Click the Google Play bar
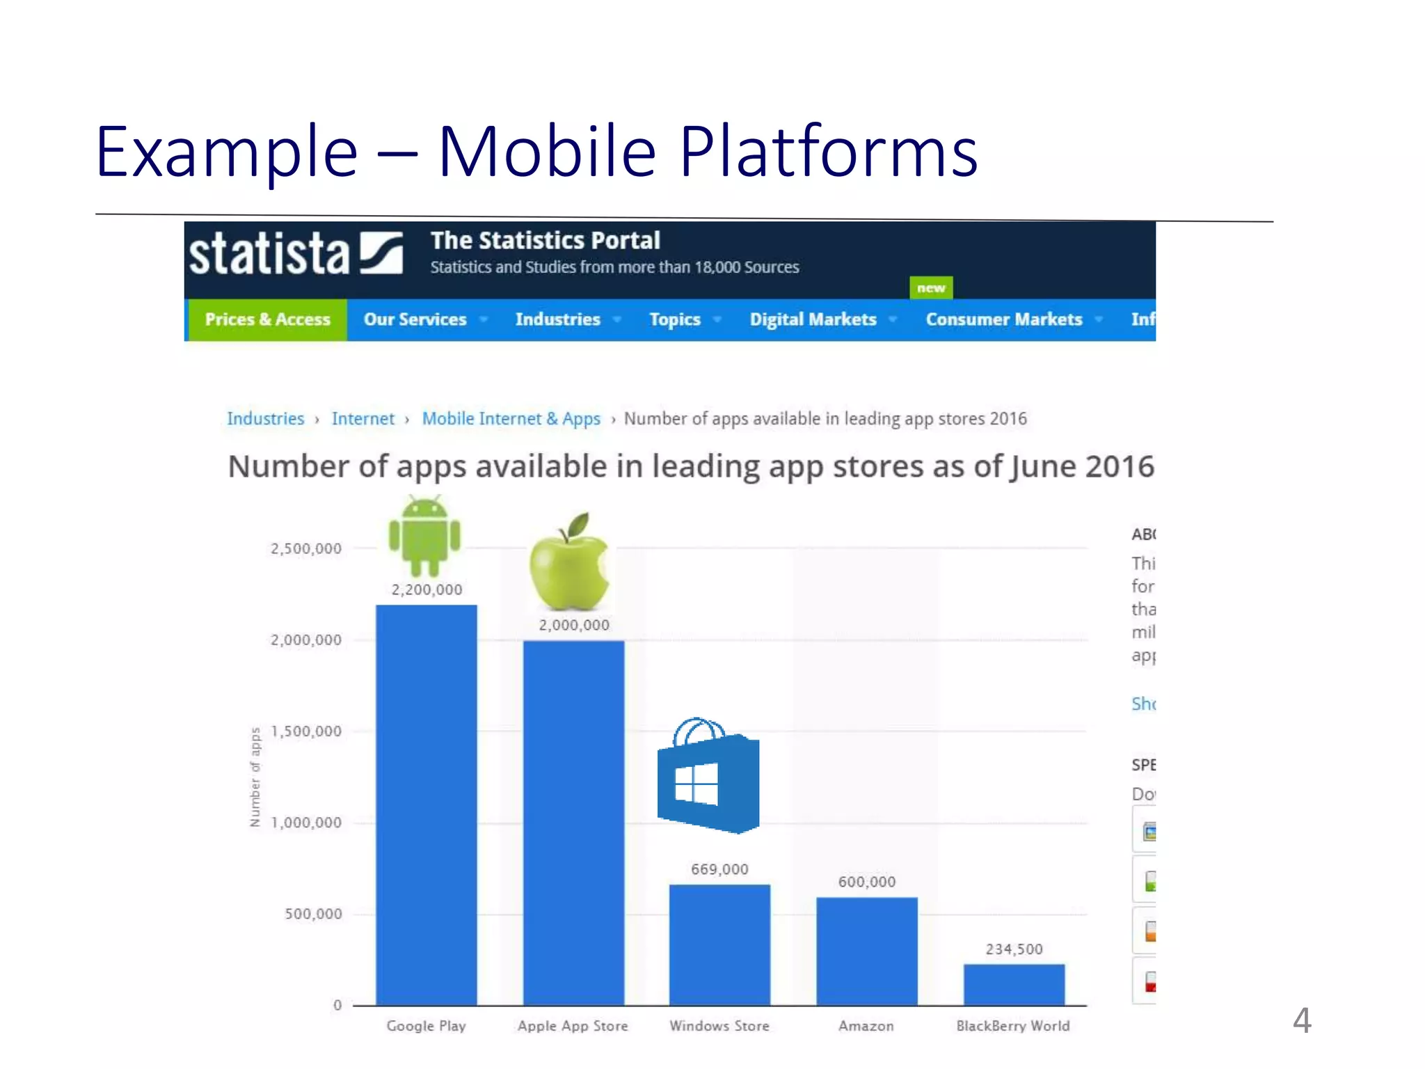click(426, 805)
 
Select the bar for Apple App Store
click(573, 823)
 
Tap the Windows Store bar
click(719, 944)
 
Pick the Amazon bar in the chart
click(866, 951)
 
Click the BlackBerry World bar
click(1014, 984)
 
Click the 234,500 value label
click(1014, 949)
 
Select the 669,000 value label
click(719, 869)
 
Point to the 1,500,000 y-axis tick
click(306, 731)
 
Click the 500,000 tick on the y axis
click(313, 914)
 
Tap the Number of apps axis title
click(255, 777)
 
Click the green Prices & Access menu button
click(267, 319)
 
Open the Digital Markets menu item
click(813, 319)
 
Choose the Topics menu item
click(675, 319)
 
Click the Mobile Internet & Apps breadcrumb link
click(511, 419)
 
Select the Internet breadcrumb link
click(363, 419)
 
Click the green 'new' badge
click(931, 287)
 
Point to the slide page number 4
click(1302, 1020)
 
